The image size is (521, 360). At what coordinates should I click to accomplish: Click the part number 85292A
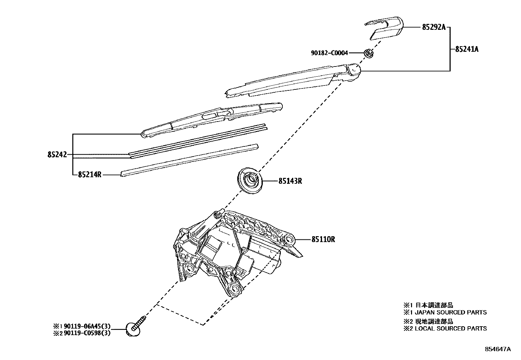click(x=434, y=28)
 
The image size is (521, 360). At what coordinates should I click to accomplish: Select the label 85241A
click(x=466, y=49)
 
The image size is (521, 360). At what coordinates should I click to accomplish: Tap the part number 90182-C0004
click(x=329, y=53)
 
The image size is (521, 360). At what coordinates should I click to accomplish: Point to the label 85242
click(x=57, y=155)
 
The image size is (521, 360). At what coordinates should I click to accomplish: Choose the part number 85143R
click(x=290, y=181)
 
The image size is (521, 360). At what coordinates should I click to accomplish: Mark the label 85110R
click(x=323, y=239)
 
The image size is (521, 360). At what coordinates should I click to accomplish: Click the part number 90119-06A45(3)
click(x=87, y=326)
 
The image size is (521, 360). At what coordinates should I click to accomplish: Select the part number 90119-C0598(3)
click(x=87, y=333)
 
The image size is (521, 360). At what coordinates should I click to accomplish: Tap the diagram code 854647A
click(x=497, y=349)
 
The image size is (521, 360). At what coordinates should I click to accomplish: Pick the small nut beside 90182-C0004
click(x=368, y=53)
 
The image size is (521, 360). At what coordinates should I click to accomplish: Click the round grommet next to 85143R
click(x=250, y=181)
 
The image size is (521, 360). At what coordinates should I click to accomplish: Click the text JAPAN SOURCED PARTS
click(x=451, y=313)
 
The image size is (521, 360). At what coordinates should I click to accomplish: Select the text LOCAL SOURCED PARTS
click(x=451, y=329)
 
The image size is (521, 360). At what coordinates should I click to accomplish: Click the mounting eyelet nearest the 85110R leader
click(x=289, y=240)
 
